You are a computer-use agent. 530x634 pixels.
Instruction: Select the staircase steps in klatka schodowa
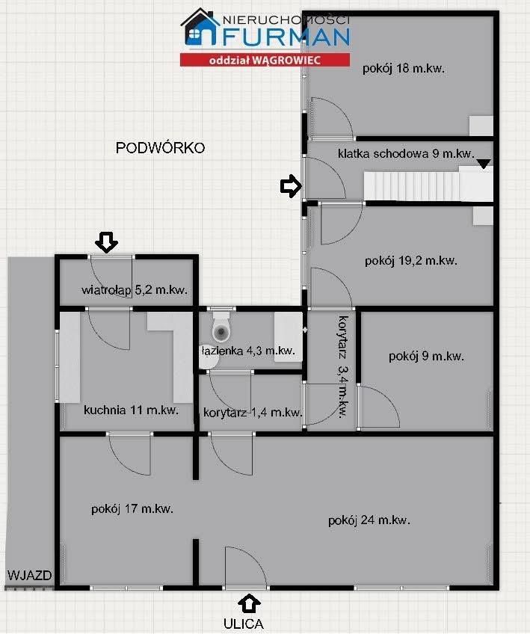410,185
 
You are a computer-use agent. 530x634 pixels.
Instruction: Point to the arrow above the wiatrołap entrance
107,241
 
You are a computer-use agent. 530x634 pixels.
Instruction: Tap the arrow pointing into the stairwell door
289,187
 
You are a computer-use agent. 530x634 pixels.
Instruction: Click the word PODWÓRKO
161,147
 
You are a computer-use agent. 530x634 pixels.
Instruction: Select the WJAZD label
29,576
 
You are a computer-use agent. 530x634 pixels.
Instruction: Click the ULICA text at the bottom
243,623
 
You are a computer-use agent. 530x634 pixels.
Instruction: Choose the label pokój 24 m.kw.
369,520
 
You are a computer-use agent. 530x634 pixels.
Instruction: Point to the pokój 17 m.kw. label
132,508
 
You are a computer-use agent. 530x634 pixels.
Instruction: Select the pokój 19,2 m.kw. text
411,261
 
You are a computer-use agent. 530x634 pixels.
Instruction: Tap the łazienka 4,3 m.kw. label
247,350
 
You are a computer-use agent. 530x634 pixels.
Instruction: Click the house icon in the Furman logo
200,29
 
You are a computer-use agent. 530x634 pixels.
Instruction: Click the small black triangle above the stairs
484,162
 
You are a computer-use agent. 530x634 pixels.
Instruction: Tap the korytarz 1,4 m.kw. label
252,412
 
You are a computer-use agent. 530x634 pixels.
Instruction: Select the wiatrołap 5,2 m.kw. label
134,290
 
